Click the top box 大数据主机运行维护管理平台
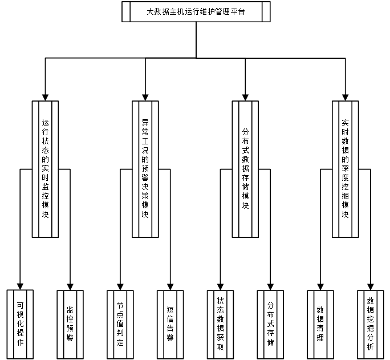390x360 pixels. (x=196, y=12)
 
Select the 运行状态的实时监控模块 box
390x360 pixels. (x=46, y=169)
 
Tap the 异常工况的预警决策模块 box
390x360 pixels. (x=145, y=169)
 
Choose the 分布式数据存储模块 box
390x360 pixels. (x=246, y=169)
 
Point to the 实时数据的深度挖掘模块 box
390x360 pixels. (x=346, y=169)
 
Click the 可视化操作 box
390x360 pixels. (x=21, y=324)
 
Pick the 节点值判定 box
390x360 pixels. (x=120, y=324)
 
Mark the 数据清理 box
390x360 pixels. (x=320, y=324)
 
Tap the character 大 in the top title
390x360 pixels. (x=150, y=12)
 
